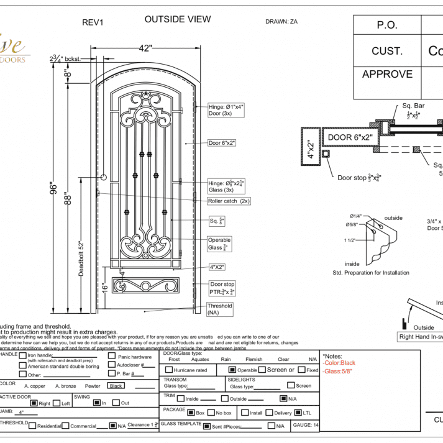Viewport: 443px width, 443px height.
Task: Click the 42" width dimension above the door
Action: [x=145, y=48]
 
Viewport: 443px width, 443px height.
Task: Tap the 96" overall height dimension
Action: [x=53, y=188]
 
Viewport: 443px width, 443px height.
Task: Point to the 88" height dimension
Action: [x=67, y=199]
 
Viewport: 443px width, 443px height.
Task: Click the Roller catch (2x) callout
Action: [x=229, y=201]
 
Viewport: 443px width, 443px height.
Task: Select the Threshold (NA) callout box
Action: [x=221, y=309]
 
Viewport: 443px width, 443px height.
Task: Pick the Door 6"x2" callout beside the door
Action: [x=222, y=142]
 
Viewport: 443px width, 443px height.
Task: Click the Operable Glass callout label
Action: [x=219, y=244]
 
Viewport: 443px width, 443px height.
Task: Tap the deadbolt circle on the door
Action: [x=104, y=178]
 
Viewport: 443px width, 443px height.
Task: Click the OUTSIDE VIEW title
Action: [x=178, y=19]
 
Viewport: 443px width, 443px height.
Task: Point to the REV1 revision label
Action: [x=93, y=22]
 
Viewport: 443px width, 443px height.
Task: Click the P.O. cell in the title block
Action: [x=386, y=25]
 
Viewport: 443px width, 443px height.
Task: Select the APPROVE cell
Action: [x=387, y=74]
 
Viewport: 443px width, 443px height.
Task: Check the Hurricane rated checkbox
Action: [x=168, y=370]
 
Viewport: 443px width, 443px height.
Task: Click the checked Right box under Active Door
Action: [x=34, y=403]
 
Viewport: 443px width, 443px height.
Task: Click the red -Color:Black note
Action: [x=339, y=363]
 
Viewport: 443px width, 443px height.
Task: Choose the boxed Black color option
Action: [x=115, y=385]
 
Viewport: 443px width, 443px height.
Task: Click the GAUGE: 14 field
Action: [x=306, y=425]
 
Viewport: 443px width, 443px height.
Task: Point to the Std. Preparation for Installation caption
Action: [x=371, y=272]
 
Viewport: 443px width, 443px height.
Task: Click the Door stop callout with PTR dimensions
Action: [x=222, y=288]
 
